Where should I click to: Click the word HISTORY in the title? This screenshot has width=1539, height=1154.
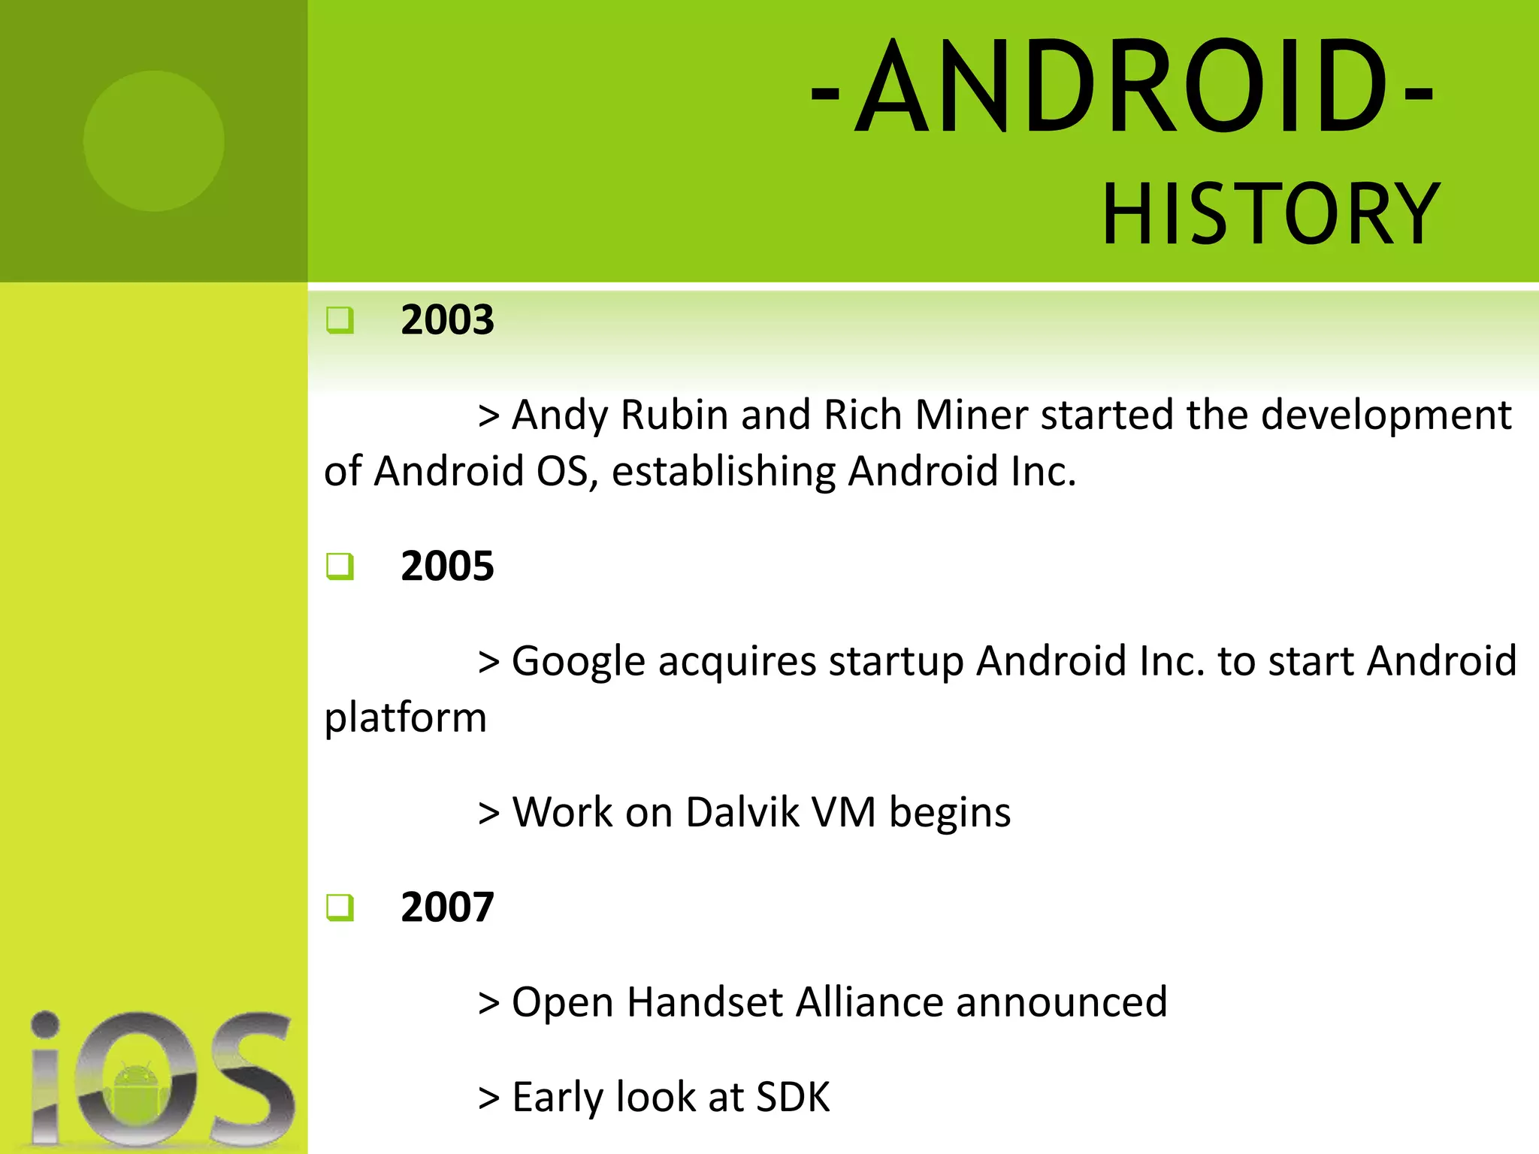click(1270, 216)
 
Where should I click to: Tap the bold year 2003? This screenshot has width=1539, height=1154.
click(447, 320)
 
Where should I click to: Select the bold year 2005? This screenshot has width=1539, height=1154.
click(447, 566)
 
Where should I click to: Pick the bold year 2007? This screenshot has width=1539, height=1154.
click(447, 907)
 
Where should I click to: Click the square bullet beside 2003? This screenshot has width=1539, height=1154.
click(340, 321)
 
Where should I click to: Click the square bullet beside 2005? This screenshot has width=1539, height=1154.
click(340, 566)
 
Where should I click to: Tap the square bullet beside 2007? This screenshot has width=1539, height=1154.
click(340, 908)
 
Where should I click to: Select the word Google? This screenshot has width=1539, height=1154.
click(578, 661)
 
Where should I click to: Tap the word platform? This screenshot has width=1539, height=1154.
click(405, 718)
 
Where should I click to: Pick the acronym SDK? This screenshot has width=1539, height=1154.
click(793, 1097)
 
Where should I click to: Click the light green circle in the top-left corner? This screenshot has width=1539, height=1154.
click(153, 140)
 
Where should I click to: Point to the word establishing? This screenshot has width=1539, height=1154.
click(723, 472)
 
